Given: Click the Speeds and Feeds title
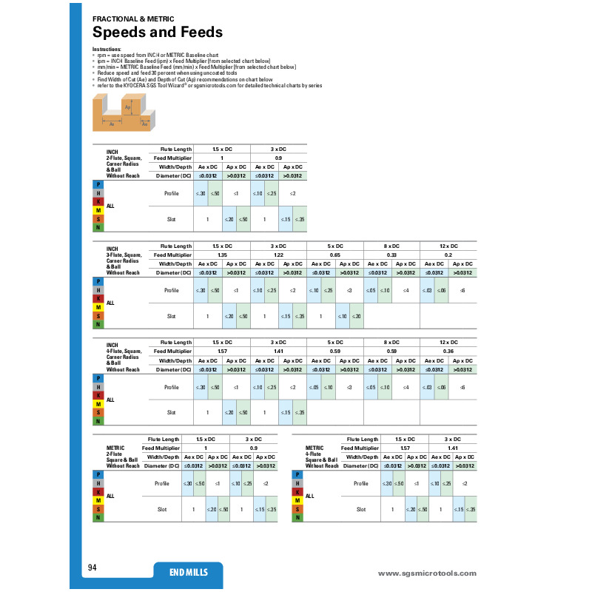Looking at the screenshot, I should [x=157, y=33].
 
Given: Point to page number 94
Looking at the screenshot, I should [x=92, y=568].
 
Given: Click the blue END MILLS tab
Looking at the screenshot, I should [x=189, y=573].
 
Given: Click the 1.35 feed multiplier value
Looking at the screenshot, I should [x=222, y=255].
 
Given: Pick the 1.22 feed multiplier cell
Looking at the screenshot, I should [x=279, y=255].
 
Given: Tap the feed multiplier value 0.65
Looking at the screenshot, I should [x=336, y=255].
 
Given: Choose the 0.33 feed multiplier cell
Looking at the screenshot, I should [x=392, y=255].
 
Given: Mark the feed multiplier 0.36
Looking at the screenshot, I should [x=448, y=351].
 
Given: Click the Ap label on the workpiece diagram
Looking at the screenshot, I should [x=127, y=108].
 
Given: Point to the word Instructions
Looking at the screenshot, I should [x=105, y=49].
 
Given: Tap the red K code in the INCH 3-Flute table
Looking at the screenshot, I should [x=98, y=298].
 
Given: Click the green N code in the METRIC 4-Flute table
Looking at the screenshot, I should [x=297, y=517].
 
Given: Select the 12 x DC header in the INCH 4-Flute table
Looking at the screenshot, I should [x=448, y=342].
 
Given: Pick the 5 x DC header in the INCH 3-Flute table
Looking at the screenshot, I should [x=336, y=246].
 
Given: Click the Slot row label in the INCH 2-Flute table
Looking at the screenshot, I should [x=171, y=219].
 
